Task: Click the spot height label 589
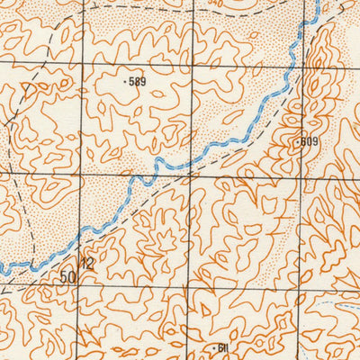coord(137,82)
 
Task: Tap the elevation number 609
coord(310,141)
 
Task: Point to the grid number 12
coord(87,265)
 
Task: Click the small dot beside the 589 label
coord(124,81)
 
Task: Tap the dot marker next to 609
coord(298,142)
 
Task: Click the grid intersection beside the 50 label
coord(80,288)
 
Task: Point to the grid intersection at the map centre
coord(189,176)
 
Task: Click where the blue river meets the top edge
coord(318,2)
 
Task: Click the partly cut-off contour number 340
coord(215,3)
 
